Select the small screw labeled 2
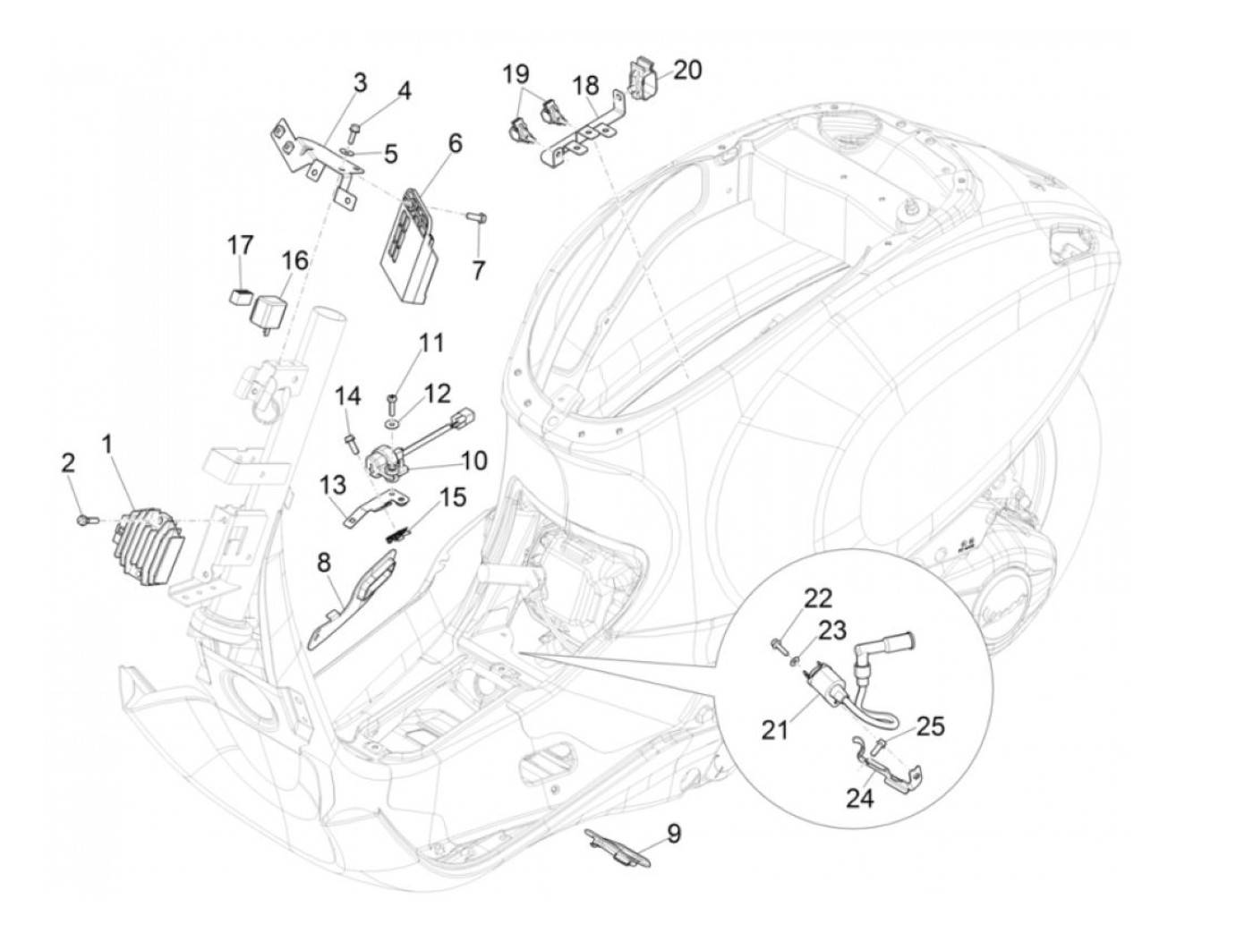pos(83,518)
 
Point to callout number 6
pos(455,143)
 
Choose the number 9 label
pos(673,835)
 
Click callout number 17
pos(240,244)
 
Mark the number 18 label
pos(586,86)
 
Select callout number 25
pos(931,726)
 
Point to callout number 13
pos(331,485)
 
